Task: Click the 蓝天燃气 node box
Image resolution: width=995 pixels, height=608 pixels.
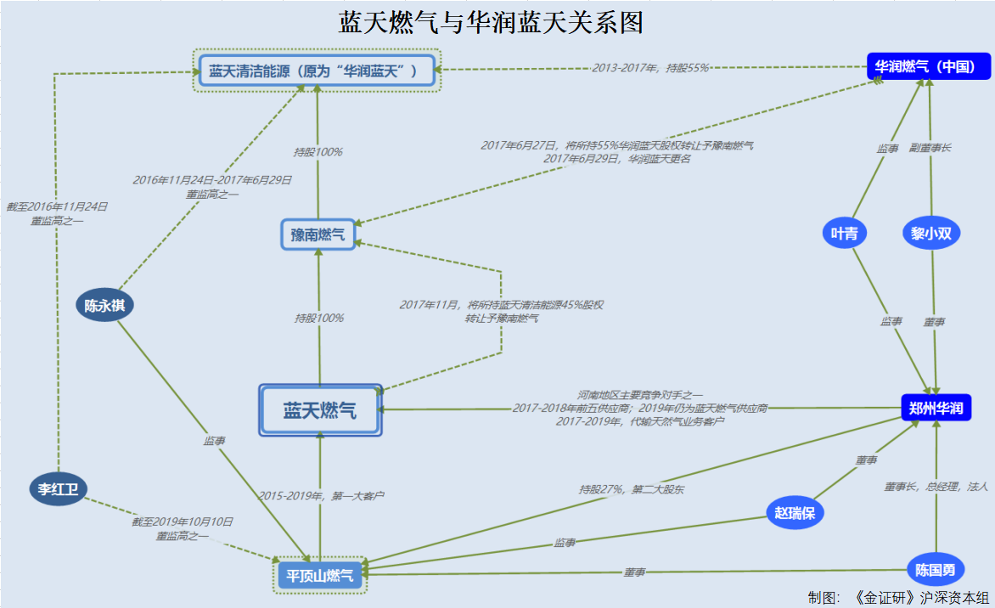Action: click(x=320, y=411)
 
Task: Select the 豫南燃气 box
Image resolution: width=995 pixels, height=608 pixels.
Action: click(x=318, y=234)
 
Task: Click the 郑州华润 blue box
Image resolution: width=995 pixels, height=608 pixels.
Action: click(x=936, y=408)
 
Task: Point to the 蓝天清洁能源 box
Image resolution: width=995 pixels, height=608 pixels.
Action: click(x=317, y=70)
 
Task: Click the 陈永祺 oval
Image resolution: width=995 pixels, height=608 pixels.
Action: click(x=104, y=306)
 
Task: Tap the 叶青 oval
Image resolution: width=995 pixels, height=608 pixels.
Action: click(x=844, y=234)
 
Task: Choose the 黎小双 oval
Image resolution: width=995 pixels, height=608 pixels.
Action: click(x=930, y=234)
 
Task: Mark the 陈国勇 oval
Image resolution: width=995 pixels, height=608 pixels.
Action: click(x=936, y=569)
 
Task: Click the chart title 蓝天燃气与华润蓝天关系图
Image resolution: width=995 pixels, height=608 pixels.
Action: click(x=491, y=22)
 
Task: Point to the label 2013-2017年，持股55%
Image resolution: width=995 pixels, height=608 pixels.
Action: click(x=650, y=68)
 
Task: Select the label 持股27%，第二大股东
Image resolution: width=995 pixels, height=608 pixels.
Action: click(x=632, y=489)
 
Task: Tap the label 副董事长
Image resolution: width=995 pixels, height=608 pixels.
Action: click(x=930, y=148)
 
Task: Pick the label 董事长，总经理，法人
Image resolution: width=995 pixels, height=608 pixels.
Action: click(x=936, y=487)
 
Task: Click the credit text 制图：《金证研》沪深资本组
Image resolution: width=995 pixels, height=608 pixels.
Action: click(x=898, y=598)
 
